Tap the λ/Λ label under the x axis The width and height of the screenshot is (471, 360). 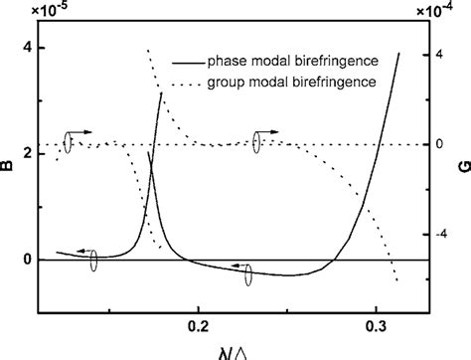click(235, 350)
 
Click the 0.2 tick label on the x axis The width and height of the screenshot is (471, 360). click(199, 325)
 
